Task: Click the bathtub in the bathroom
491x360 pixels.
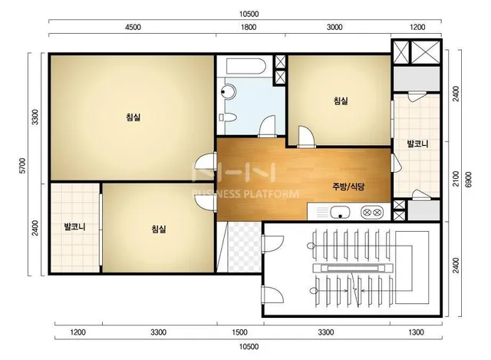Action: [246, 66]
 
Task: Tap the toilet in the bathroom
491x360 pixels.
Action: [228, 117]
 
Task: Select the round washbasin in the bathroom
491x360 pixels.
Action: [229, 91]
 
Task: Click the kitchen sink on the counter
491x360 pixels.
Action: [339, 212]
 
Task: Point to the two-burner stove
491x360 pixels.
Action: [371, 212]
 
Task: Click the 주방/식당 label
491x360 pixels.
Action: [348, 187]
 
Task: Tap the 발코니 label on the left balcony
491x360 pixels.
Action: [75, 226]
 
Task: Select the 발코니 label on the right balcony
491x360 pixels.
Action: [417, 144]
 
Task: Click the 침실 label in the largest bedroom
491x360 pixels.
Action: [133, 117]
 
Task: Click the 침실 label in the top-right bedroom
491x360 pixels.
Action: [341, 101]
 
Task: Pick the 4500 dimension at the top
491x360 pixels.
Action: [133, 28]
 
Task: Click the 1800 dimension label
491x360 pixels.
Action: [249, 28]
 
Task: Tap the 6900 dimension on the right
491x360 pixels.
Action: [468, 179]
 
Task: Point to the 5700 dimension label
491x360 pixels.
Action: [22, 166]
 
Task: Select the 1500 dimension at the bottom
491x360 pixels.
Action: [239, 332]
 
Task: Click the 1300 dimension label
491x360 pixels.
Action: [416, 332]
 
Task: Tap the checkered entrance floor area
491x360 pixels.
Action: [245, 247]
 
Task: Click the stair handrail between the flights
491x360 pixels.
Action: [353, 268]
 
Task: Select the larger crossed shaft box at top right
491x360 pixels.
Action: [425, 52]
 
